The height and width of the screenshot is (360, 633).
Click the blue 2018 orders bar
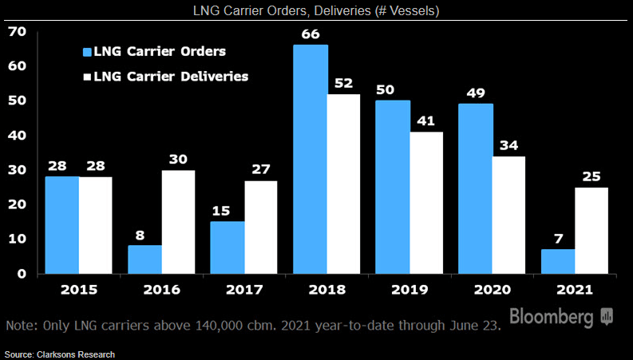click(x=311, y=160)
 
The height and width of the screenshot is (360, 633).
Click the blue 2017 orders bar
click(x=227, y=247)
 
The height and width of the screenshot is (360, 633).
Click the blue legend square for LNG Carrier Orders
click(x=86, y=52)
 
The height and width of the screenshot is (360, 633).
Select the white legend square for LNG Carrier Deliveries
click(x=86, y=77)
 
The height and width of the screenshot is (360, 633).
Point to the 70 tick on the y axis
click(x=17, y=31)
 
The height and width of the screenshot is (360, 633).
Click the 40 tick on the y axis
click(x=17, y=135)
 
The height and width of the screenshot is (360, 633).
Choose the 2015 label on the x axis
click(x=78, y=289)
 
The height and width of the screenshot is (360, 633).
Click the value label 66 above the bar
click(x=311, y=34)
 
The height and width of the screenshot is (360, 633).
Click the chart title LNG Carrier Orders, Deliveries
click(x=315, y=10)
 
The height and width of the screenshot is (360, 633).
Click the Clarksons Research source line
click(x=60, y=353)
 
